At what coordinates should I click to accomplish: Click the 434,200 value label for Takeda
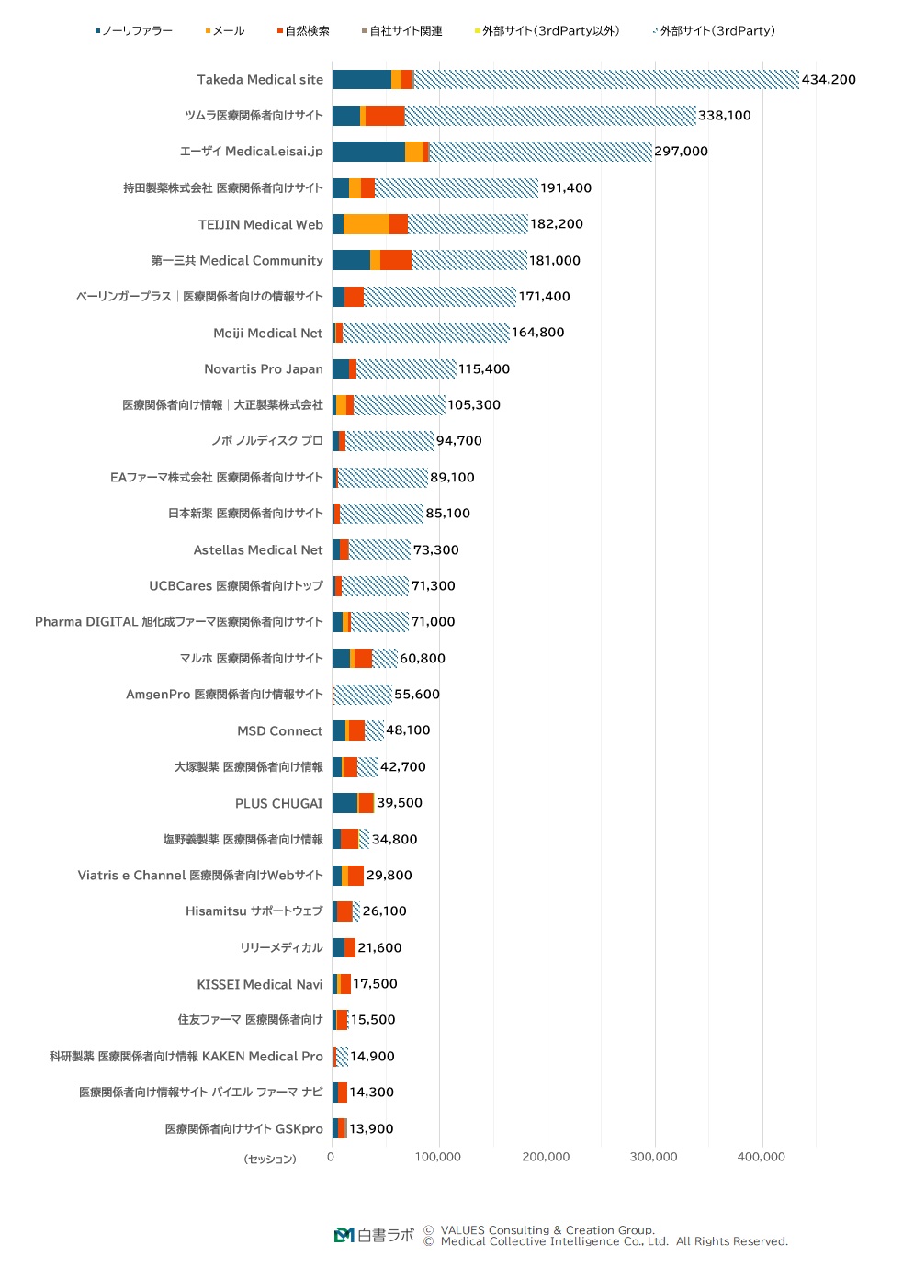828,80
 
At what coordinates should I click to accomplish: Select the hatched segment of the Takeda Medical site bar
606,80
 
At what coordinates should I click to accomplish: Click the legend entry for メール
226,31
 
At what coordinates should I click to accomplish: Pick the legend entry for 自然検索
304,31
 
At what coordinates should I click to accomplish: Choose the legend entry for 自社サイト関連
403,31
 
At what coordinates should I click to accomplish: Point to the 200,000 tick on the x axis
546,1157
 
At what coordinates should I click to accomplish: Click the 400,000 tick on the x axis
761,1157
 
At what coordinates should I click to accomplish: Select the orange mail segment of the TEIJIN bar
366,224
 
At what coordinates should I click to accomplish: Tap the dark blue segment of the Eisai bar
368,152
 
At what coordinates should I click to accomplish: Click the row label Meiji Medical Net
268,333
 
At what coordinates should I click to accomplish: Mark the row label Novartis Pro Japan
264,369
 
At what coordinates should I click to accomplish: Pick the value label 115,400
483,369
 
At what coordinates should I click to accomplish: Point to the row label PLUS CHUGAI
278,803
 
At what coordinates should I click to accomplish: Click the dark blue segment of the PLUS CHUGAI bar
344,803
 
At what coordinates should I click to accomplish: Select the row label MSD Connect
280,730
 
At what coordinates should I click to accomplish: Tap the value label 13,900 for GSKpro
371,1128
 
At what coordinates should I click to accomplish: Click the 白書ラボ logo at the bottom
374,1235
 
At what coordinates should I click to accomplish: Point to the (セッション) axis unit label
270,1159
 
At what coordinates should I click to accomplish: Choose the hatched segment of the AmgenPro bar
363,695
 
